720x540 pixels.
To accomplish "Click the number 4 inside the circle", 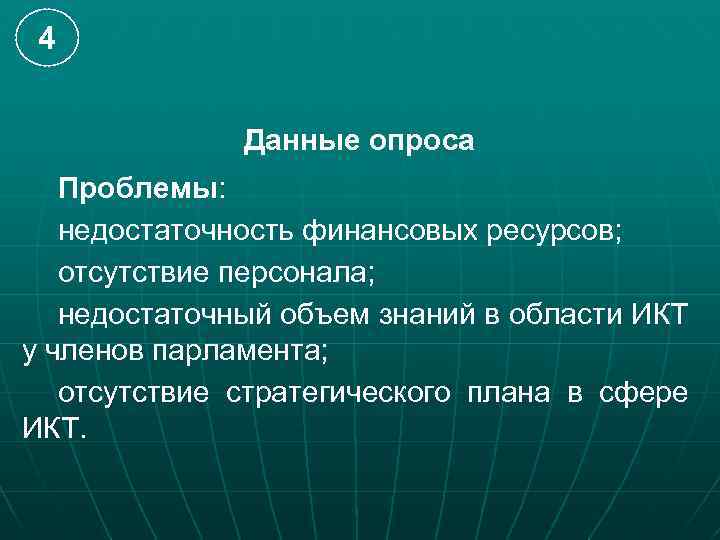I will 46,40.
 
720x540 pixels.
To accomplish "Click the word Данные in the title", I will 290,142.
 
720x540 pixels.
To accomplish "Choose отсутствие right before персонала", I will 132,272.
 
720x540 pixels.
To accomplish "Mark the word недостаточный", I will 164,314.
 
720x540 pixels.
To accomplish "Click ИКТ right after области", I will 661,314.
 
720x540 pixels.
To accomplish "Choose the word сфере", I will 643,393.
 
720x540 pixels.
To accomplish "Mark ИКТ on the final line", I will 52,430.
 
